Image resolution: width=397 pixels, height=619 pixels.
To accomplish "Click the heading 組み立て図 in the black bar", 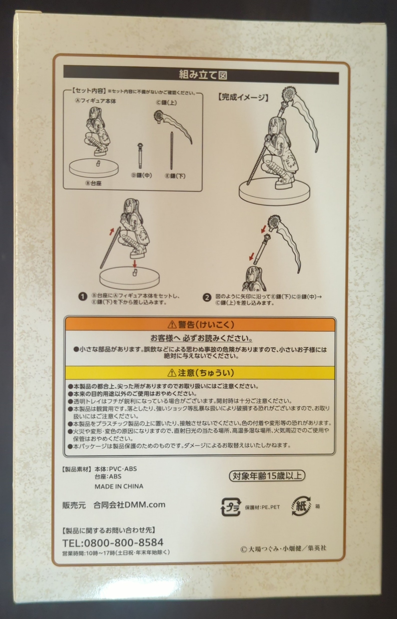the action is tap(203, 75).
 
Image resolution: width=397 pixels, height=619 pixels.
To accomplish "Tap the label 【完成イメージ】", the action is tap(243, 97).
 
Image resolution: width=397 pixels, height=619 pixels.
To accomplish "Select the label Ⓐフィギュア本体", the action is tap(95, 101).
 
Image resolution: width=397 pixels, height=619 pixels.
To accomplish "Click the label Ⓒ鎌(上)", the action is tap(166, 102).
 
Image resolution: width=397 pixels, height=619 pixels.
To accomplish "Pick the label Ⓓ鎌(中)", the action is tap(142, 175).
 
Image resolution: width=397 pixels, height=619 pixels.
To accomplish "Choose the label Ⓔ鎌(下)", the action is tap(175, 176).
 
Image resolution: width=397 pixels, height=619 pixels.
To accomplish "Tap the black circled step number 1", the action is tap(82, 297).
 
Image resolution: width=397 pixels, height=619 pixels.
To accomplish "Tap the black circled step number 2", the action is tap(207, 297).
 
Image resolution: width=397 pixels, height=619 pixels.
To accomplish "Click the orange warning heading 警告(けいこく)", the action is tap(201, 325).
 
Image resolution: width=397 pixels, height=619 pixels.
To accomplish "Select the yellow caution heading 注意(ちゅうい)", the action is tap(201, 373).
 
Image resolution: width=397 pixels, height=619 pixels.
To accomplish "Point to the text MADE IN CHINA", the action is tap(119, 486).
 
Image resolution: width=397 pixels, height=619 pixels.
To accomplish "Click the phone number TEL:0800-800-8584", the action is tap(113, 542).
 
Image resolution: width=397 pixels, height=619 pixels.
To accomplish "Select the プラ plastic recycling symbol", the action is tap(231, 507).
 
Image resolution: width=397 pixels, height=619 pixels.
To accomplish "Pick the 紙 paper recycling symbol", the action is tap(301, 506).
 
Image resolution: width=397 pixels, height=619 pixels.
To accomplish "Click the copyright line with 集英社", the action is tap(283, 548).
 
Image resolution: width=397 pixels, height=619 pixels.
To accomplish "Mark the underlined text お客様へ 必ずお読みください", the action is tap(201, 338).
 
